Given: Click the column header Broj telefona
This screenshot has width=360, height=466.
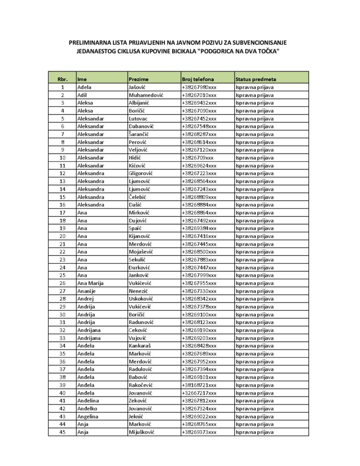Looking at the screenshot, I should pos(198,79).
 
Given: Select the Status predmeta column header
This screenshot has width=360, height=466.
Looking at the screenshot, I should pos(255,79).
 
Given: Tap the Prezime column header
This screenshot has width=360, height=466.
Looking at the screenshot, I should pos(138,79).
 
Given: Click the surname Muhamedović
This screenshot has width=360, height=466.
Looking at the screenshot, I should pos(146,95).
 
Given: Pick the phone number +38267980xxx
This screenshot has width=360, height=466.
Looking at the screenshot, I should pos(199,87).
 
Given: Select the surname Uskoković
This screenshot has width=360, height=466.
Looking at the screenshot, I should pos(141,299).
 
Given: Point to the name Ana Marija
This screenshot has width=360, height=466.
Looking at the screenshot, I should pos(91,283).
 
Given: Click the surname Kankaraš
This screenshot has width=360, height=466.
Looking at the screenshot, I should pos(140,346).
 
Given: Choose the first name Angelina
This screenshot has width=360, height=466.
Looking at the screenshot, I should pos(88,416).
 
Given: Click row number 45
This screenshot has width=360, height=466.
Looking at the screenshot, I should pos(62,432).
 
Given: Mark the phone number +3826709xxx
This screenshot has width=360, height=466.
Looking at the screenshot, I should pos(198,157).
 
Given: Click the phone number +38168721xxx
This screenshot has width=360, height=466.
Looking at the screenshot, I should pos(199,385).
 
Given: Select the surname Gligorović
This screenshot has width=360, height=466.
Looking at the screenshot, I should pos(142,173).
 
